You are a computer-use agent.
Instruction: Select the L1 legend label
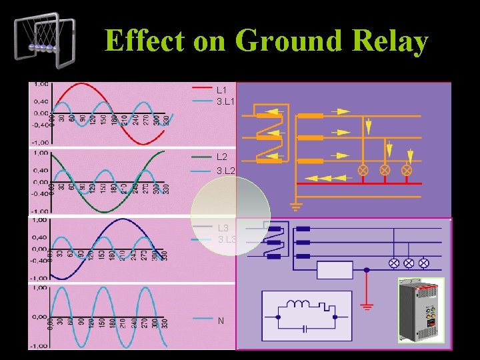(221, 89)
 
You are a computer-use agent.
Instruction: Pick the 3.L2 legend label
(226, 171)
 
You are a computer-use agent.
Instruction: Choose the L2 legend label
(222, 157)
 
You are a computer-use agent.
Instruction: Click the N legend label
(221, 321)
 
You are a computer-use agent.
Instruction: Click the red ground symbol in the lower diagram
(366, 307)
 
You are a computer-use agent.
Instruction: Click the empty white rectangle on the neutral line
(335, 270)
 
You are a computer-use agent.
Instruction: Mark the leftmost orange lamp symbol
(364, 170)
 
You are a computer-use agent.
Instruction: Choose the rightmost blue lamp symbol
(423, 263)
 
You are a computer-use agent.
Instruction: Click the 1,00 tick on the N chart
(40, 288)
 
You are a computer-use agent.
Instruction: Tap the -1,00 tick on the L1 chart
(40, 142)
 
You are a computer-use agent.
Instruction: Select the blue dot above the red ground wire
(366, 270)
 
